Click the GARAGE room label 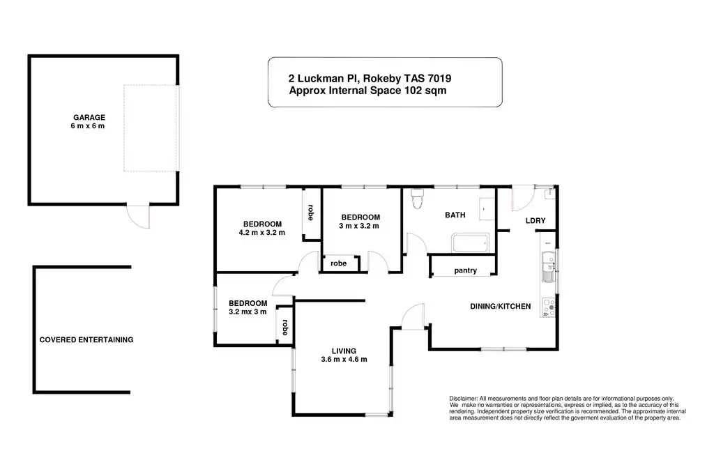[89, 117]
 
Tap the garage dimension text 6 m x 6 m [87, 126]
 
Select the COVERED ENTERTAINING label [86, 339]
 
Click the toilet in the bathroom [417, 199]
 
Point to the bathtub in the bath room [471, 243]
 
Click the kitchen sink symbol [548, 266]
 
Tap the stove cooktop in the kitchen [548, 307]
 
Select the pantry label [465, 270]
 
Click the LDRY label [535, 221]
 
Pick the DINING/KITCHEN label [501, 307]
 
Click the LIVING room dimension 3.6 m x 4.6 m [344, 360]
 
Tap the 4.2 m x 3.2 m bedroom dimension [262, 233]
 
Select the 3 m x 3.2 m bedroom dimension [359, 226]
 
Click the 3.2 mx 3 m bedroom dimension [248, 312]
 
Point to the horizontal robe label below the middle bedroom [338, 263]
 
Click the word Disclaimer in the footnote [463, 399]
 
